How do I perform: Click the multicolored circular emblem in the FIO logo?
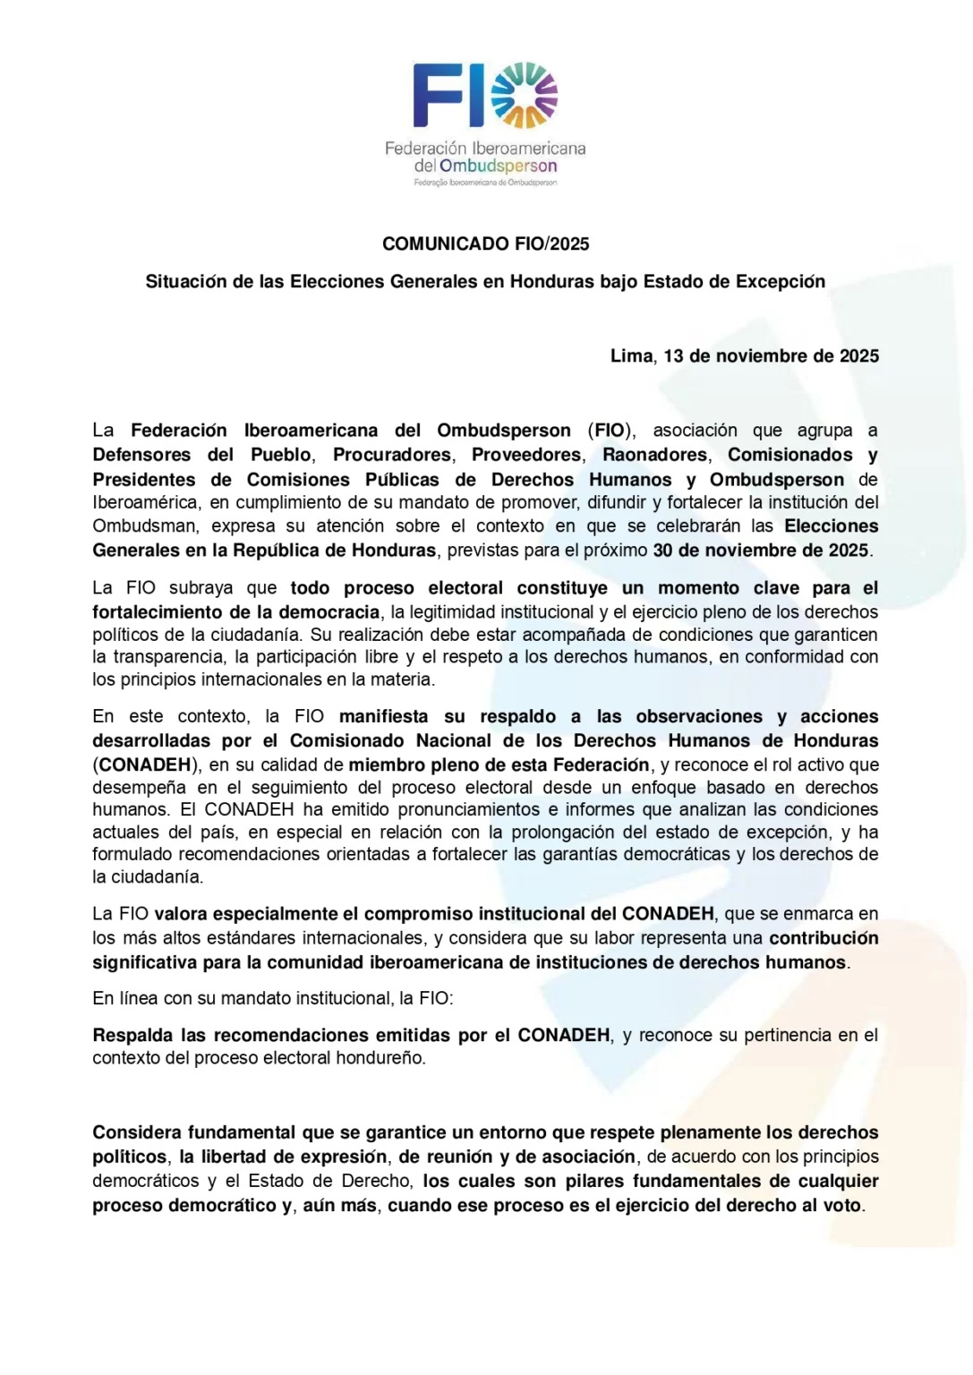pos(525,96)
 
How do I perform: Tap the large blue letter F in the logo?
pos(434,96)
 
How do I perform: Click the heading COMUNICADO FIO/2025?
pos(485,243)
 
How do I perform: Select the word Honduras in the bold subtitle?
pos(552,281)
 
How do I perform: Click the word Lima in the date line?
pos(632,355)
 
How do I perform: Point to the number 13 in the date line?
pos(673,355)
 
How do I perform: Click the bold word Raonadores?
pos(654,455)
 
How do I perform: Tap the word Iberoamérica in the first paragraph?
pos(147,502)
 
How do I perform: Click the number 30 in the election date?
pos(663,550)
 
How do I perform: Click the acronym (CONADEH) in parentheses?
pos(146,764)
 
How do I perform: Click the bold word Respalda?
pos(132,1035)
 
